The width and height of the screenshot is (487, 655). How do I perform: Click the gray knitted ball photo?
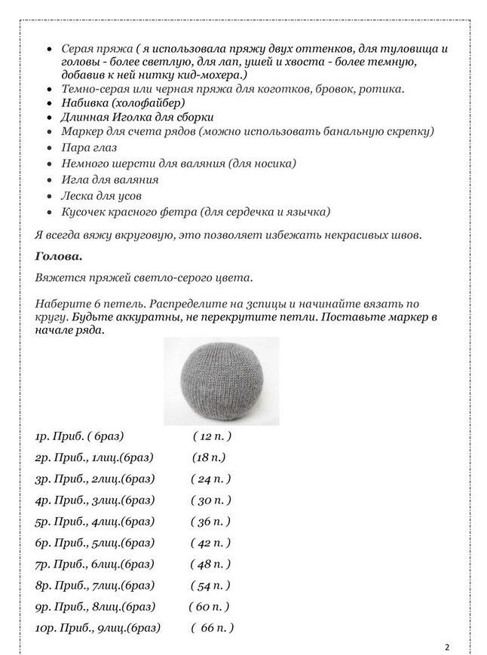pyautogui.click(x=220, y=381)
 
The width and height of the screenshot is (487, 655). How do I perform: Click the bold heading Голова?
pyautogui.click(x=59, y=256)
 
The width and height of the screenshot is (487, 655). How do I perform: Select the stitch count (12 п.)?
pyautogui.click(x=212, y=436)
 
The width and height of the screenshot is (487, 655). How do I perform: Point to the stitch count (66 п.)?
pyautogui.click(x=213, y=627)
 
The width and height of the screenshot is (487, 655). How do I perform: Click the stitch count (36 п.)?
pyautogui.click(x=212, y=521)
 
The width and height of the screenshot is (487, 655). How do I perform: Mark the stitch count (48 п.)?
pyautogui.click(x=212, y=564)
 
